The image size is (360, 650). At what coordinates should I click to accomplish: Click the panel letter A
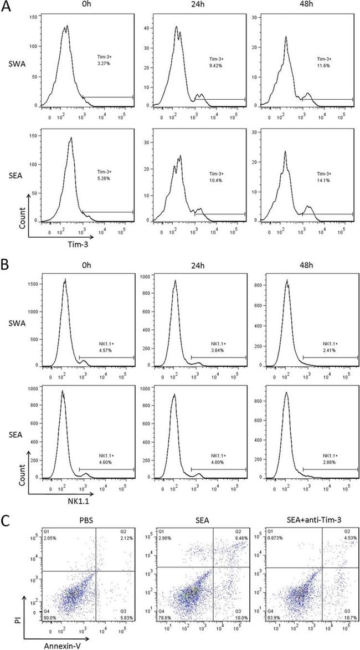(x=7, y=7)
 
